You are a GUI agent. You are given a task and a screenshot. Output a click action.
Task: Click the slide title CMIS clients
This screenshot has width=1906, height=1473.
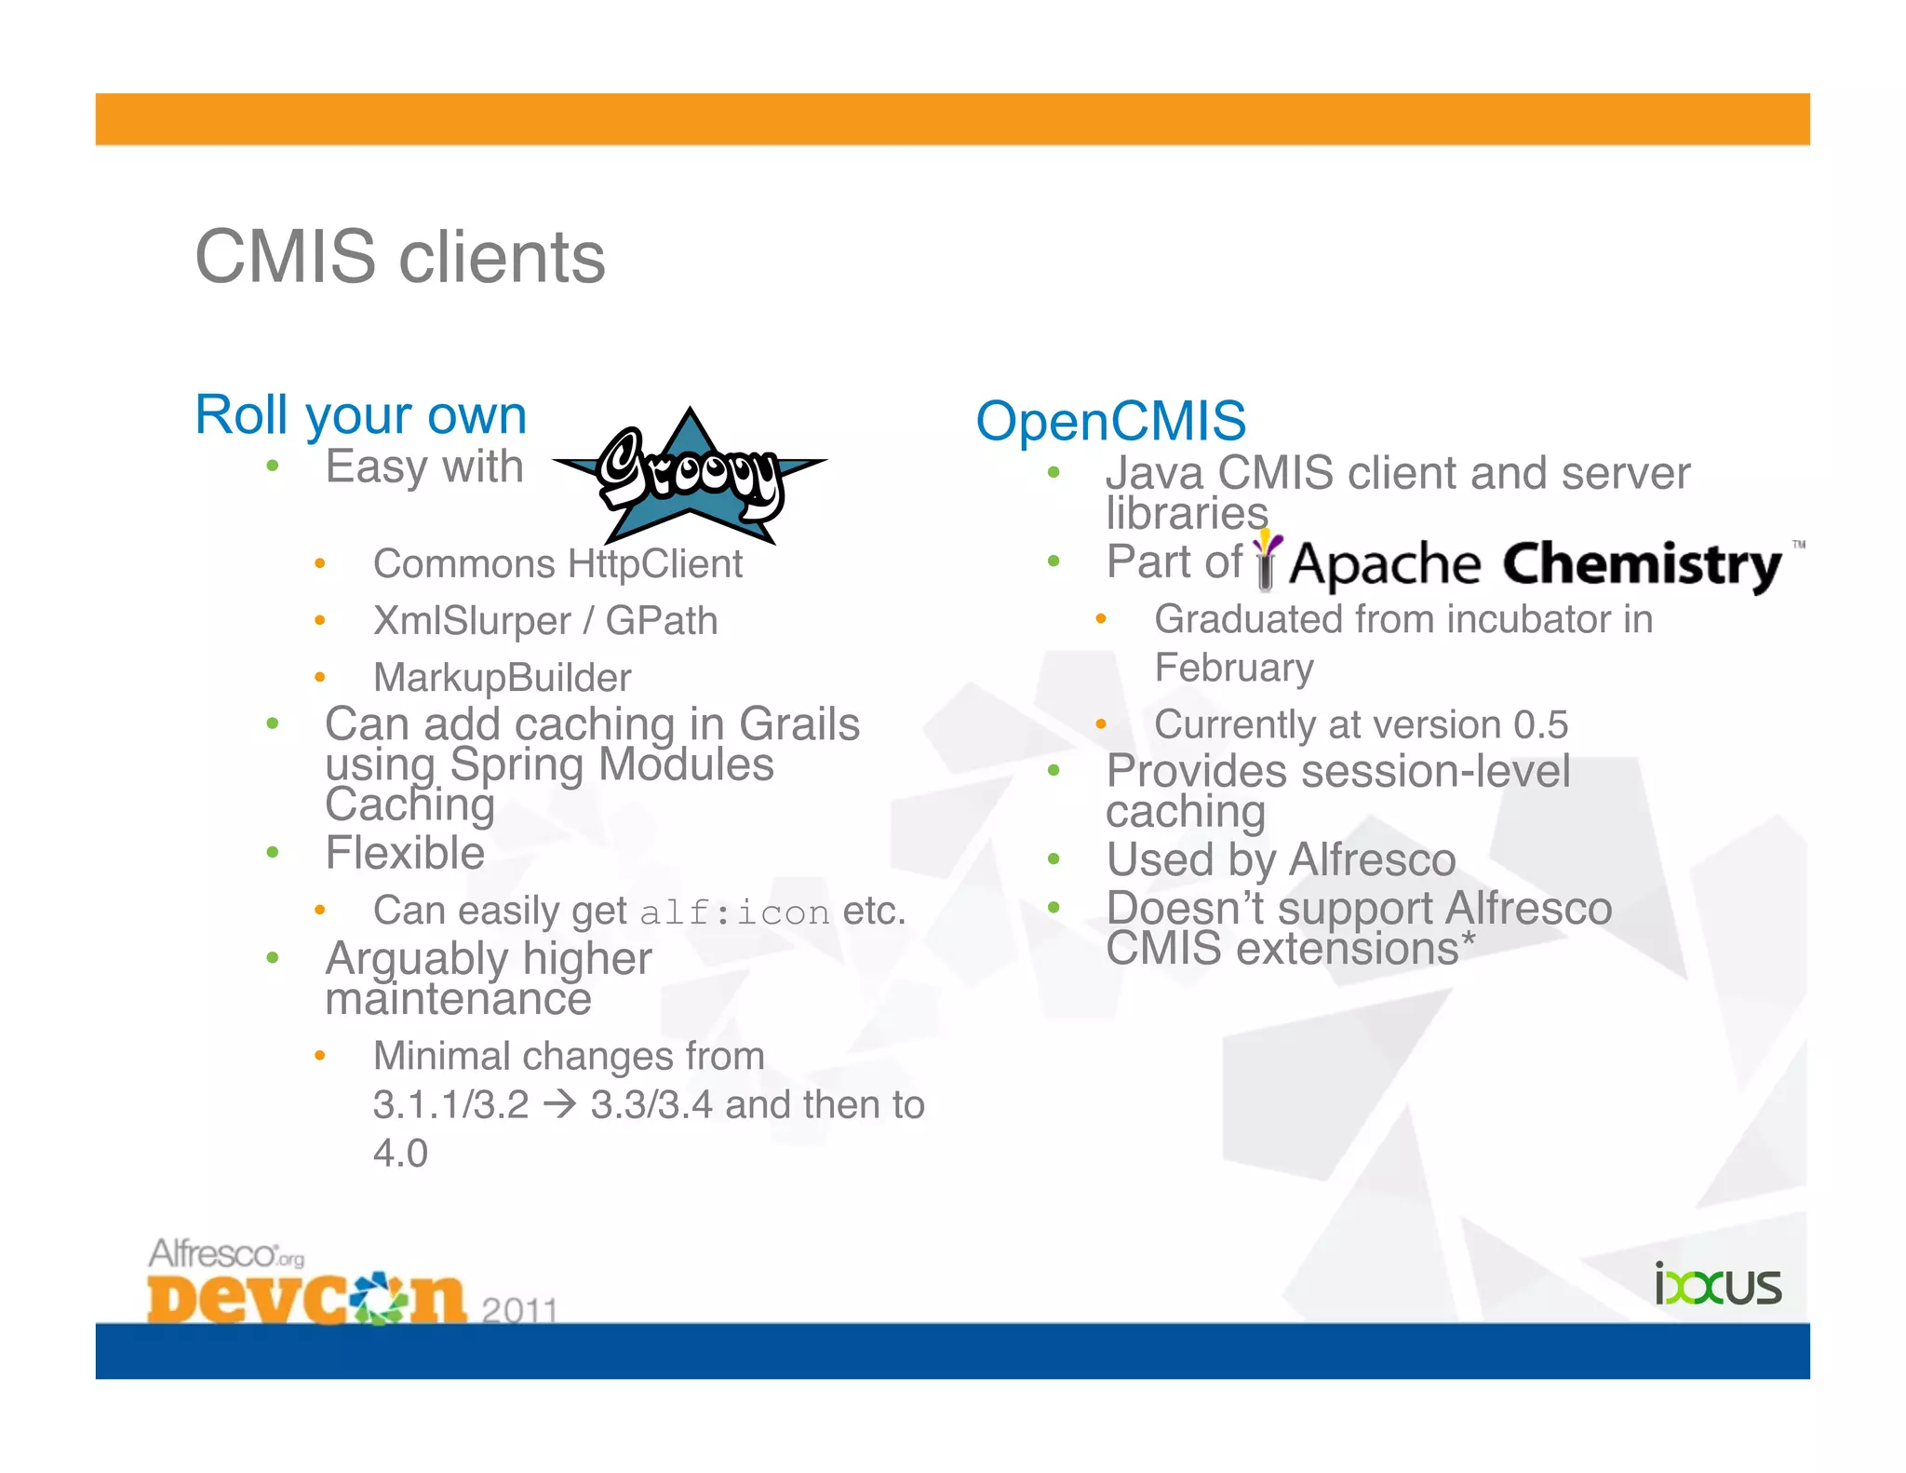coord(400,258)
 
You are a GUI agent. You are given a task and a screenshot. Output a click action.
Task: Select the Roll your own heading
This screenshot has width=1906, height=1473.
coord(360,414)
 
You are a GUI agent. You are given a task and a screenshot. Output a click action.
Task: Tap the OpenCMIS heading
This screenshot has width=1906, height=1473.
coord(1110,421)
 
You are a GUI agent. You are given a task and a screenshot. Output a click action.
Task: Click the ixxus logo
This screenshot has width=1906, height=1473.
coord(1717,1286)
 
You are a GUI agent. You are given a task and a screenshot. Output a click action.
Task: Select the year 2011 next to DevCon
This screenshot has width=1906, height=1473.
coord(519,1310)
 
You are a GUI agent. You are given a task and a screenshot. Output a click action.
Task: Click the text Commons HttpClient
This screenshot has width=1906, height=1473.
coord(557,564)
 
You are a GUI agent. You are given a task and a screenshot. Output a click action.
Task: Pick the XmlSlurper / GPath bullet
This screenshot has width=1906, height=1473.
coord(545,621)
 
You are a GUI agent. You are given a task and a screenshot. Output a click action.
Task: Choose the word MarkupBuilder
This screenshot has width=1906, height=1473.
coord(502,678)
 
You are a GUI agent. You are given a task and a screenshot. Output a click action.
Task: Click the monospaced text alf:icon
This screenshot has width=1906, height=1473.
coord(734,912)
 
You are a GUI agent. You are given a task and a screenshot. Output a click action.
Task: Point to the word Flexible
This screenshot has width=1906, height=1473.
coord(405,853)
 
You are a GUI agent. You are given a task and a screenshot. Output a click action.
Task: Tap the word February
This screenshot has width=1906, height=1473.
coord(1234,668)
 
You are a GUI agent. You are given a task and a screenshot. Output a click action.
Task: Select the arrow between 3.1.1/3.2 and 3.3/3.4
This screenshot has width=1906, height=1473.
coord(559,1105)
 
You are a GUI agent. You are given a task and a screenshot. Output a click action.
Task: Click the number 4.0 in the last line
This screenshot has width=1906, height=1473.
coord(400,1154)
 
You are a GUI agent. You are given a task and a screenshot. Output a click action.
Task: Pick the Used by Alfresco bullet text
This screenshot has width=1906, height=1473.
coord(1281,858)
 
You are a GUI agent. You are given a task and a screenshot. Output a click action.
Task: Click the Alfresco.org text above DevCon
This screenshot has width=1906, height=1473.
coord(225,1254)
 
